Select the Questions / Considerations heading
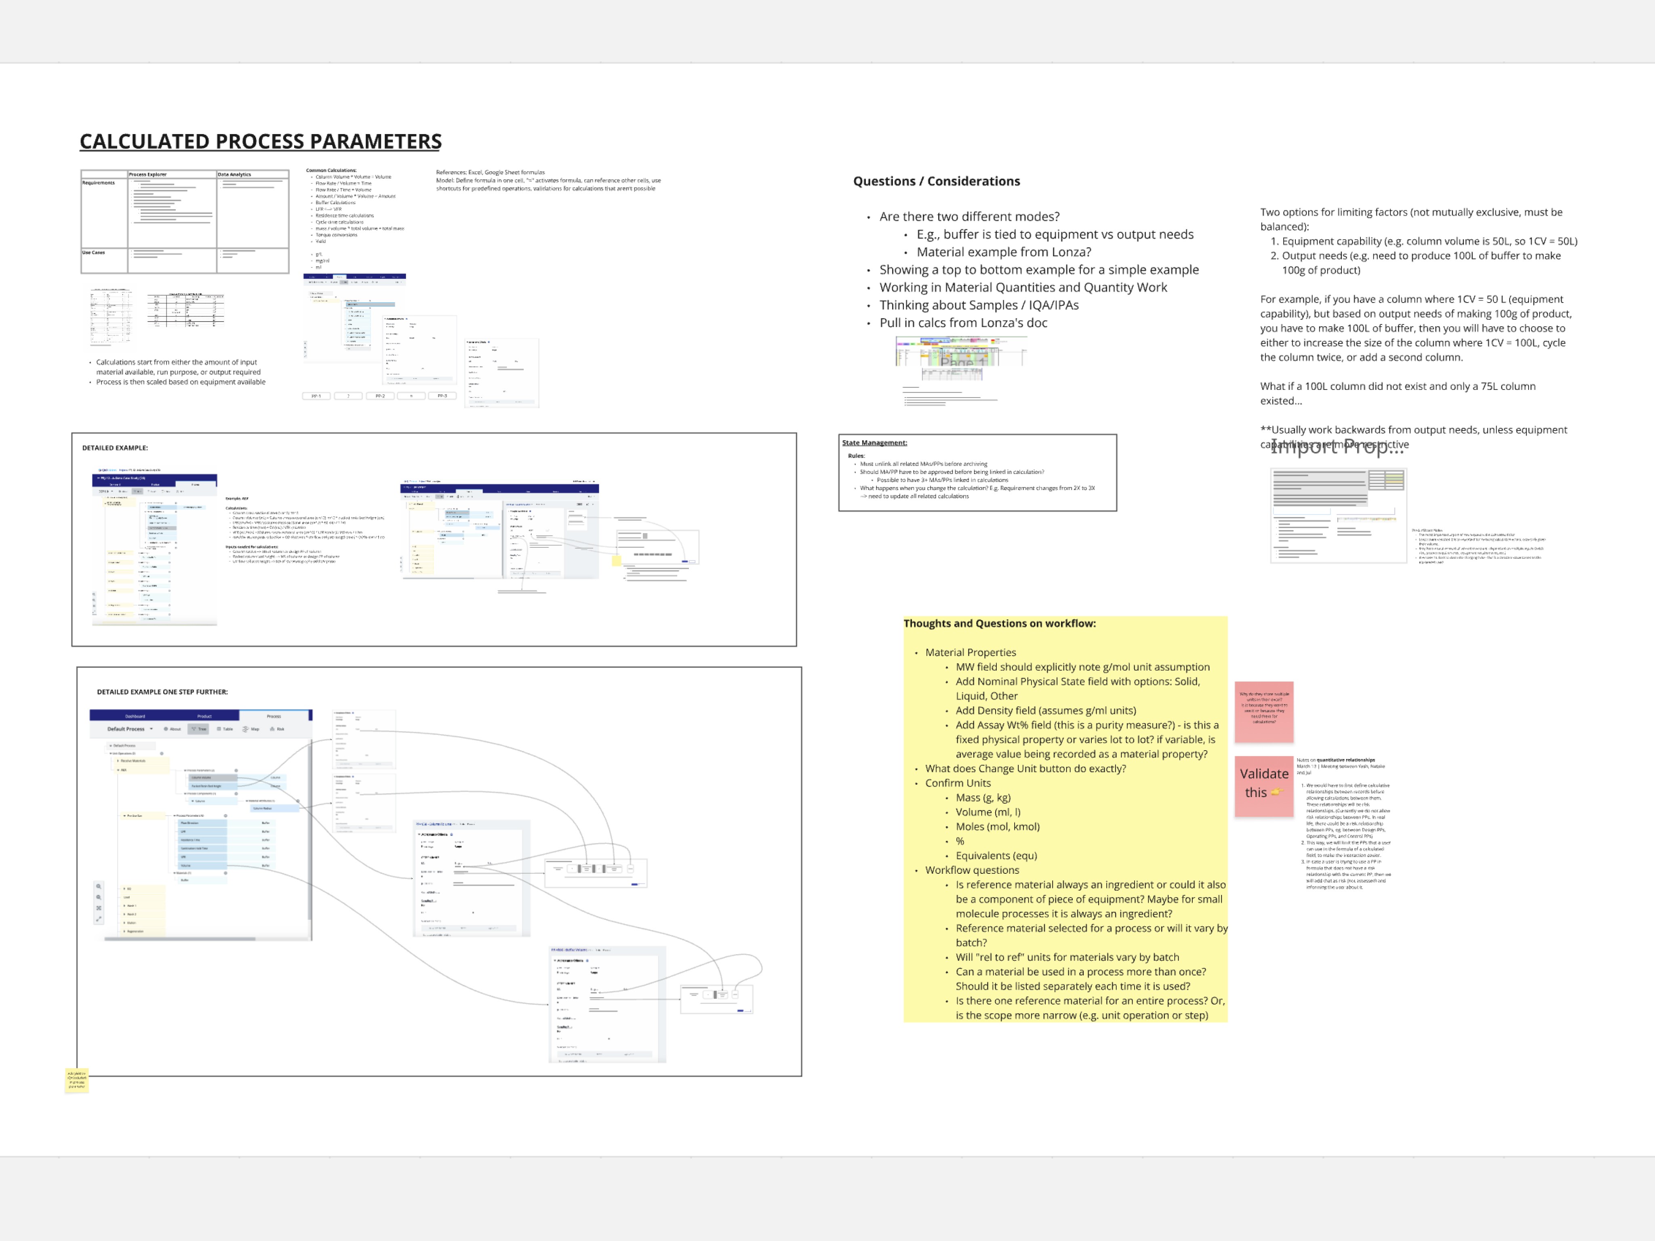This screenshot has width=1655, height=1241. click(x=936, y=181)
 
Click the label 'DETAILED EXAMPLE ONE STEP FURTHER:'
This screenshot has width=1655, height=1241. click(x=162, y=692)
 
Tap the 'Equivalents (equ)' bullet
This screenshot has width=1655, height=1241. click(x=996, y=855)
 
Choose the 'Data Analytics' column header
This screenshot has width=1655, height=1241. click(x=234, y=174)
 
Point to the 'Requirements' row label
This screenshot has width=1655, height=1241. click(x=99, y=183)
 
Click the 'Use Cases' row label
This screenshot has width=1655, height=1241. click(x=93, y=253)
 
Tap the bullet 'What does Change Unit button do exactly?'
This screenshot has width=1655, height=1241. click(x=1025, y=768)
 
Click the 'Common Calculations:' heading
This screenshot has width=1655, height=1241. click(x=331, y=170)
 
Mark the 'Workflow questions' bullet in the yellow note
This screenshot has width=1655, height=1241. click(x=971, y=870)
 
